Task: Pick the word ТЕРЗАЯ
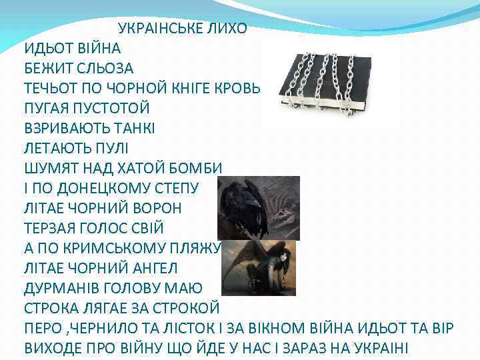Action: (x=55, y=228)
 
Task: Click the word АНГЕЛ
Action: (x=159, y=268)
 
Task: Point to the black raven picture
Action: (x=258, y=207)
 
